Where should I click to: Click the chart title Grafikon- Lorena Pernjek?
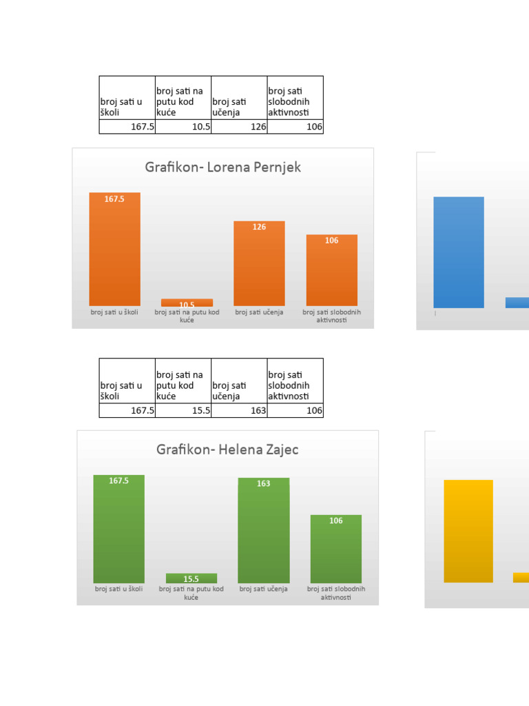click(x=222, y=168)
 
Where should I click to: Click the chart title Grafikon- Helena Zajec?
click(x=227, y=450)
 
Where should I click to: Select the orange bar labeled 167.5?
click(x=114, y=249)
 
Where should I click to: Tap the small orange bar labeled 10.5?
click(x=187, y=303)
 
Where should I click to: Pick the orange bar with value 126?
click(x=259, y=263)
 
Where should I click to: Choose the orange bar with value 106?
click(x=331, y=270)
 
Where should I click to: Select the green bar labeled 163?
click(x=264, y=530)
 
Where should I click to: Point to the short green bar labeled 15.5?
click(x=191, y=578)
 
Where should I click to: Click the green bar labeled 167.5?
click(x=118, y=529)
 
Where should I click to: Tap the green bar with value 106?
click(x=335, y=549)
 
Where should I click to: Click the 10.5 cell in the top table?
click(x=183, y=127)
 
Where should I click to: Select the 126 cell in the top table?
click(x=239, y=127)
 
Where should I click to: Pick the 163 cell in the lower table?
click(x=239, y=410)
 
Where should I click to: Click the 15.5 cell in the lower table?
click(x=183, y=410)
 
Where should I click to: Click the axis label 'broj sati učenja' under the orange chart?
click(x=259, y=312)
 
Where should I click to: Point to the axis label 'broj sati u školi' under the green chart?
click(x=119, y=589)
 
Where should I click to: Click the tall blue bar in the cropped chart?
click(x=459, y=252)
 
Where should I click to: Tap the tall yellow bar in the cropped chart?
click(x=468, y=531)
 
